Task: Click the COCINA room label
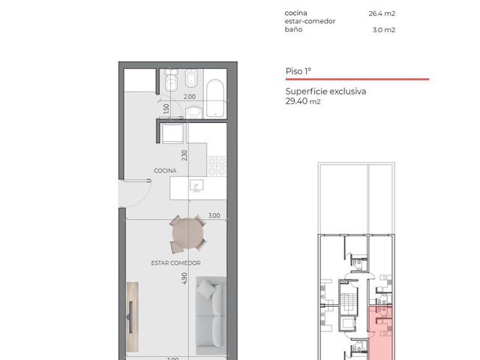(x=165, y=170)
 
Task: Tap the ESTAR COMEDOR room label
(x=175, y=263)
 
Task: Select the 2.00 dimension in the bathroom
(x=190, y=97)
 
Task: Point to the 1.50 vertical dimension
(x=166, y=108)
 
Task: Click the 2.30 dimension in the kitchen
(x=184, y=155)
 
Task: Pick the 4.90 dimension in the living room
(x=184, y=278)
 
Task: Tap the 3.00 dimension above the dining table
(x=214, y=215)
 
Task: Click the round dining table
(x=187, y=234)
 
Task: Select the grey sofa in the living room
(x=211, y=316)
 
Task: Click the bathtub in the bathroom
(x=215, y=98)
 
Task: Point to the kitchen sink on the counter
(x=196, y=185)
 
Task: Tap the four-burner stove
(x=217, y=166)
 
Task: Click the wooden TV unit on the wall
(x=132, y=316)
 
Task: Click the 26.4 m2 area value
(x=382, y=13)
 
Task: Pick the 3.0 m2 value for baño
(x=384, y=30)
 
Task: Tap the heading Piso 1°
(x=298, y=71)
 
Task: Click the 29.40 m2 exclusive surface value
(x=303, y=101)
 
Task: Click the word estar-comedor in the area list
(x=310, y=21)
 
